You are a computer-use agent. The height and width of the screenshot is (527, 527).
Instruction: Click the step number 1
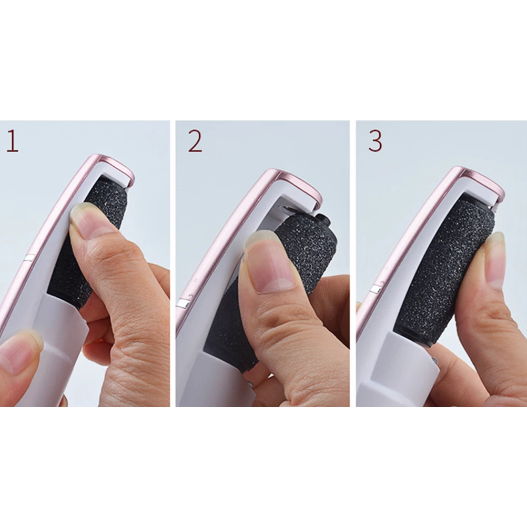(12, 141)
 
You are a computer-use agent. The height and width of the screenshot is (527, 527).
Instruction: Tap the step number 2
(195, 141)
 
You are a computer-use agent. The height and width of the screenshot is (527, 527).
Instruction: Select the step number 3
(375, 140)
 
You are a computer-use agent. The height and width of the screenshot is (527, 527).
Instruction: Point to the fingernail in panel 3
(495, 260)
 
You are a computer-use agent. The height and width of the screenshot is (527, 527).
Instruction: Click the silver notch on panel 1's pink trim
(29, 257)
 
